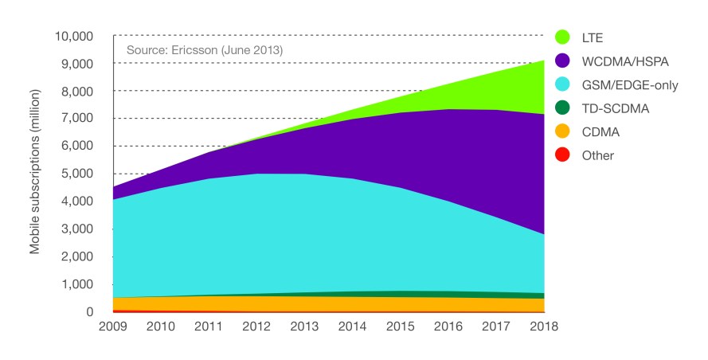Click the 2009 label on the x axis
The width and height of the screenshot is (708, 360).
point(114,327)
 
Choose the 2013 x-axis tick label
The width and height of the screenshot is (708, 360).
point(305,327)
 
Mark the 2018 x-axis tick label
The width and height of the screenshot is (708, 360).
point(544,327)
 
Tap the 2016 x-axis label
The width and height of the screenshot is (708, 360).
point(448,327)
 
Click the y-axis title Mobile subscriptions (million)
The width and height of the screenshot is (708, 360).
point(36,174)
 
